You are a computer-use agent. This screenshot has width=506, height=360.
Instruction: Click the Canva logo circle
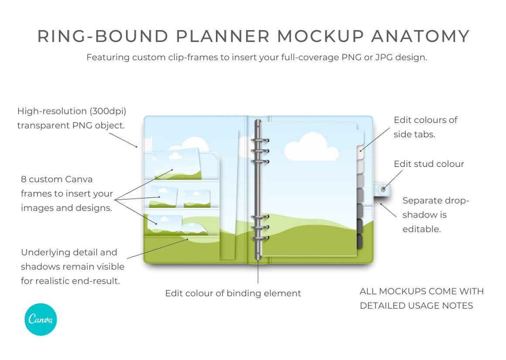(41, 319)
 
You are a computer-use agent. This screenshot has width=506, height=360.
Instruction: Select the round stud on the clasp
(383, 190)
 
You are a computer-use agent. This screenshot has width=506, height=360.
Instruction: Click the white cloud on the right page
(311, 147)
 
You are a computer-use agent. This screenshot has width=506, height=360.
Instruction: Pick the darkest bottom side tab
(360, 241)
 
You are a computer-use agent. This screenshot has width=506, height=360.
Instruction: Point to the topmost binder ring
(260, 140)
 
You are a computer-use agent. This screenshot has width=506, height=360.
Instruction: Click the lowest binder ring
(260, 238)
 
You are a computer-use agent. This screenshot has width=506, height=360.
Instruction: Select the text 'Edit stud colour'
(429, 164)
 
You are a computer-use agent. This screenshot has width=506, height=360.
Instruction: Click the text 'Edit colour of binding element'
(233, 293)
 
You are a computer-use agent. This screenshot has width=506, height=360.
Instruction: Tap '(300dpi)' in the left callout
(108, 111)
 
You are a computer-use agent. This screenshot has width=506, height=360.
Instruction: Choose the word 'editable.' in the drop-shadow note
(421, 229)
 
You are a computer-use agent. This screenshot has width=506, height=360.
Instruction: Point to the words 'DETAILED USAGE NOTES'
(416, 306)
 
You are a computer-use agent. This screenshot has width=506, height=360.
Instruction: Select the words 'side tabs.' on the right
(414, 134)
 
